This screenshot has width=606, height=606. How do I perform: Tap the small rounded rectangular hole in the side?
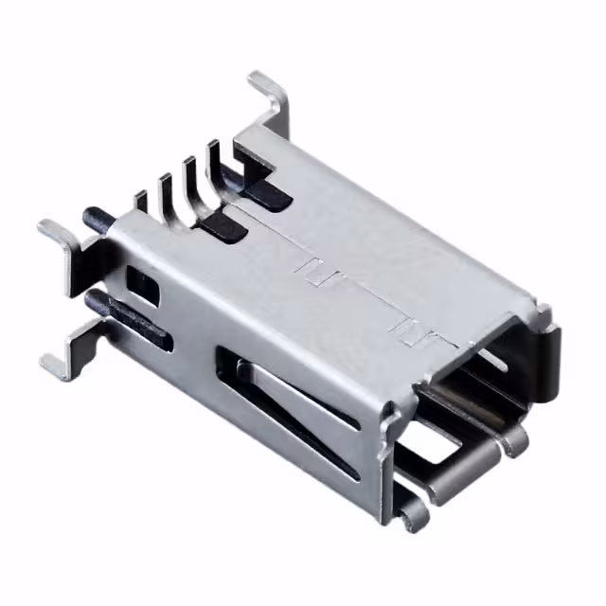(x=145, y=283)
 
